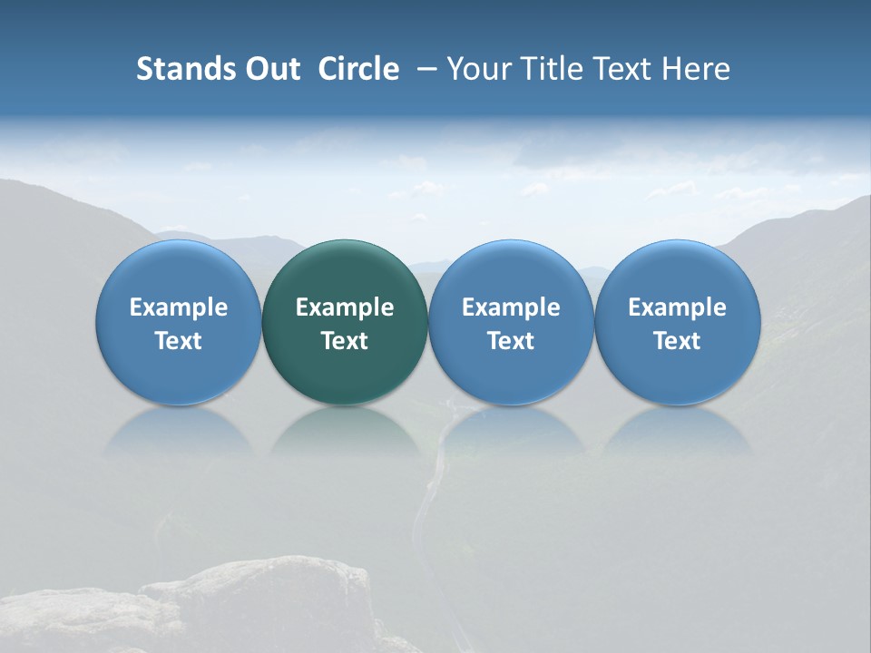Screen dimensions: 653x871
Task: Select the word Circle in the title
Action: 358,69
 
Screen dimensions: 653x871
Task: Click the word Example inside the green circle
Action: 345,307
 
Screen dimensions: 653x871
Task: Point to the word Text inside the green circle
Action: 345,341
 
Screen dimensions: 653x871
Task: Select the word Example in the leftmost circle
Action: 178,307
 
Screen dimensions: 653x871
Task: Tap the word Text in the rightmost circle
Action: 677,341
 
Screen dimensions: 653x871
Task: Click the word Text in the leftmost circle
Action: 178,341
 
